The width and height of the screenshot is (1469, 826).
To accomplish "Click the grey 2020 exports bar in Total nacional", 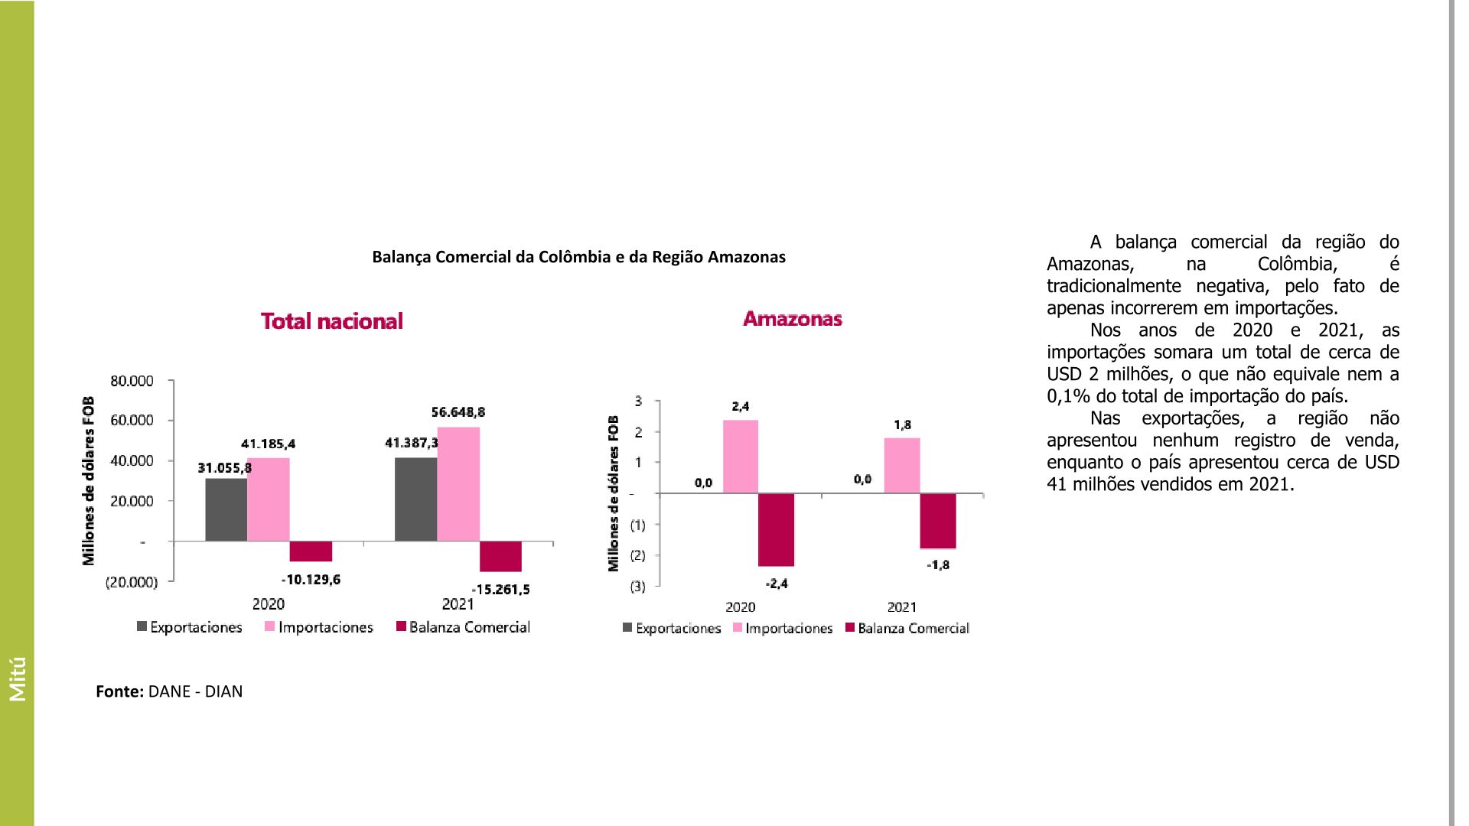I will [226, 509].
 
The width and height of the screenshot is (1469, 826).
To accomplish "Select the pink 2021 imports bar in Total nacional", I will [458, 483].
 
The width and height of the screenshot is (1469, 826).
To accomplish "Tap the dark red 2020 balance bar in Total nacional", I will [311, 551].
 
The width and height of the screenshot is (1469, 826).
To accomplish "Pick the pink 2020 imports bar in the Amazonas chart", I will [740, 457].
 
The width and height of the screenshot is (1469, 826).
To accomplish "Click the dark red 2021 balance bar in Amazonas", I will [938, 521].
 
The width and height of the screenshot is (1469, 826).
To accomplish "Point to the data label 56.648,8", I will [458, 412].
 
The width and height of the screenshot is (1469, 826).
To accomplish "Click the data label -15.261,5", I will [500, 590].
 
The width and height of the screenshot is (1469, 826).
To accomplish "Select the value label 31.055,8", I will [225, 467].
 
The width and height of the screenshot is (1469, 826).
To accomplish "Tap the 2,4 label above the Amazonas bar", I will [740, 406].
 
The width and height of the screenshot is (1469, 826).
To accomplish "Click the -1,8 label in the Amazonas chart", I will [938, 565].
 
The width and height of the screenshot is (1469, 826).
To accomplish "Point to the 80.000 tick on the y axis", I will [132, 381].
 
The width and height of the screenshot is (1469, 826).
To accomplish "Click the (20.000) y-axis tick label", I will [132, 582].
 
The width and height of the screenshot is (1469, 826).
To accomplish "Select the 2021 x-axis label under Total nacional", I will [458, 604].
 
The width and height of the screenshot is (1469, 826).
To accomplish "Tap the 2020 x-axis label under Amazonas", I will [740, 607].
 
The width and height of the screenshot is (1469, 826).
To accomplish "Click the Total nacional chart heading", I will [332, 320].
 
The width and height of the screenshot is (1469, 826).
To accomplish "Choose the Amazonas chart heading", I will [792, 319].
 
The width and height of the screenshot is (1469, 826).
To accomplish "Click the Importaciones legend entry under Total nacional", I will [325, 627].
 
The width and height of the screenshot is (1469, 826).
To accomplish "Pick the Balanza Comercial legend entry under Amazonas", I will [913, 629].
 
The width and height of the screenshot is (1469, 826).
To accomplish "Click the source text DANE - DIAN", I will [195, 691].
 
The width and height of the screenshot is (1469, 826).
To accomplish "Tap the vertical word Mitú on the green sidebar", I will [18, 678].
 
